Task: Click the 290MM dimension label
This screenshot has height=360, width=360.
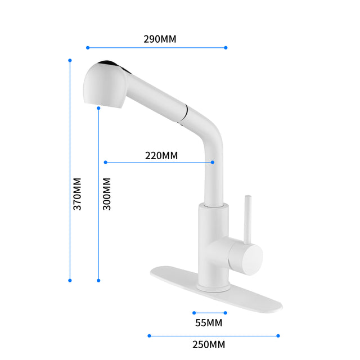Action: coord(160,39)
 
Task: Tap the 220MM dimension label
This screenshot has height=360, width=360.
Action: coord(161,155)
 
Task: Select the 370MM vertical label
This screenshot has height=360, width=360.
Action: coord(77,194)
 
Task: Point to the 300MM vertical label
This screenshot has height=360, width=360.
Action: coord(107,194)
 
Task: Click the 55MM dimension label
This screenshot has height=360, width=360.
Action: coord(209,323)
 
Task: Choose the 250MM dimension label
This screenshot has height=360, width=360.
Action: coord(209,344)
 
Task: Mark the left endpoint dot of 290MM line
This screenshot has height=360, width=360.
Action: coord(88,48)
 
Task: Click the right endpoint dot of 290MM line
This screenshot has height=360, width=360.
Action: coord(226,48)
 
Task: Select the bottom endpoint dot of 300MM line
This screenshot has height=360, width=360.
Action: coord(98,280)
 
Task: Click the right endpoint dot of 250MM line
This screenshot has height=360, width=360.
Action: coord(278,336)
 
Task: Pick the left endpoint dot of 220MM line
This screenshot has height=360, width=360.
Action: coord(105,163)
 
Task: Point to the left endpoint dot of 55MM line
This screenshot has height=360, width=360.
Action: coord(193,313)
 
